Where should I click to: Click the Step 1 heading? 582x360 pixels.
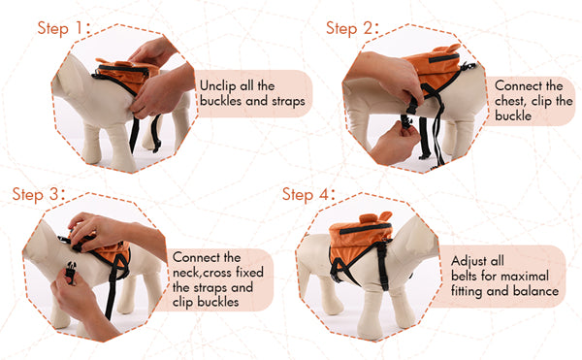(x=64, y=28)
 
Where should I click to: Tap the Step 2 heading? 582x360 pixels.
(x=352, y=28)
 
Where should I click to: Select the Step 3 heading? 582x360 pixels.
(x=39, y=194)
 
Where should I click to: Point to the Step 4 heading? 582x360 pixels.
(x=308, y=194)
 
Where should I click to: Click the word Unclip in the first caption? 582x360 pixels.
(x=217, y=86)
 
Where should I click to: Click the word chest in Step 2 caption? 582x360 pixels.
(x=510, y=101)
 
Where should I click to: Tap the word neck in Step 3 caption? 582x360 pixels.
(x=187, y=273)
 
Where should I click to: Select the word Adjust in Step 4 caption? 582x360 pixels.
(x=468, y=261)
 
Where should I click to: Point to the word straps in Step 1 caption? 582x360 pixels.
(x=288, y=101)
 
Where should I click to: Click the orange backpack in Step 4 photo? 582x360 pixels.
(x=360, y=239)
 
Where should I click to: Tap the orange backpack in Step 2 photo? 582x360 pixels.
(x=435, y=68)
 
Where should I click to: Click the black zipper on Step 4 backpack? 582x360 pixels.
(x=366, y=228)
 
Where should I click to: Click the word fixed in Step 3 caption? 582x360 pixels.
(x=249, y=273)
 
